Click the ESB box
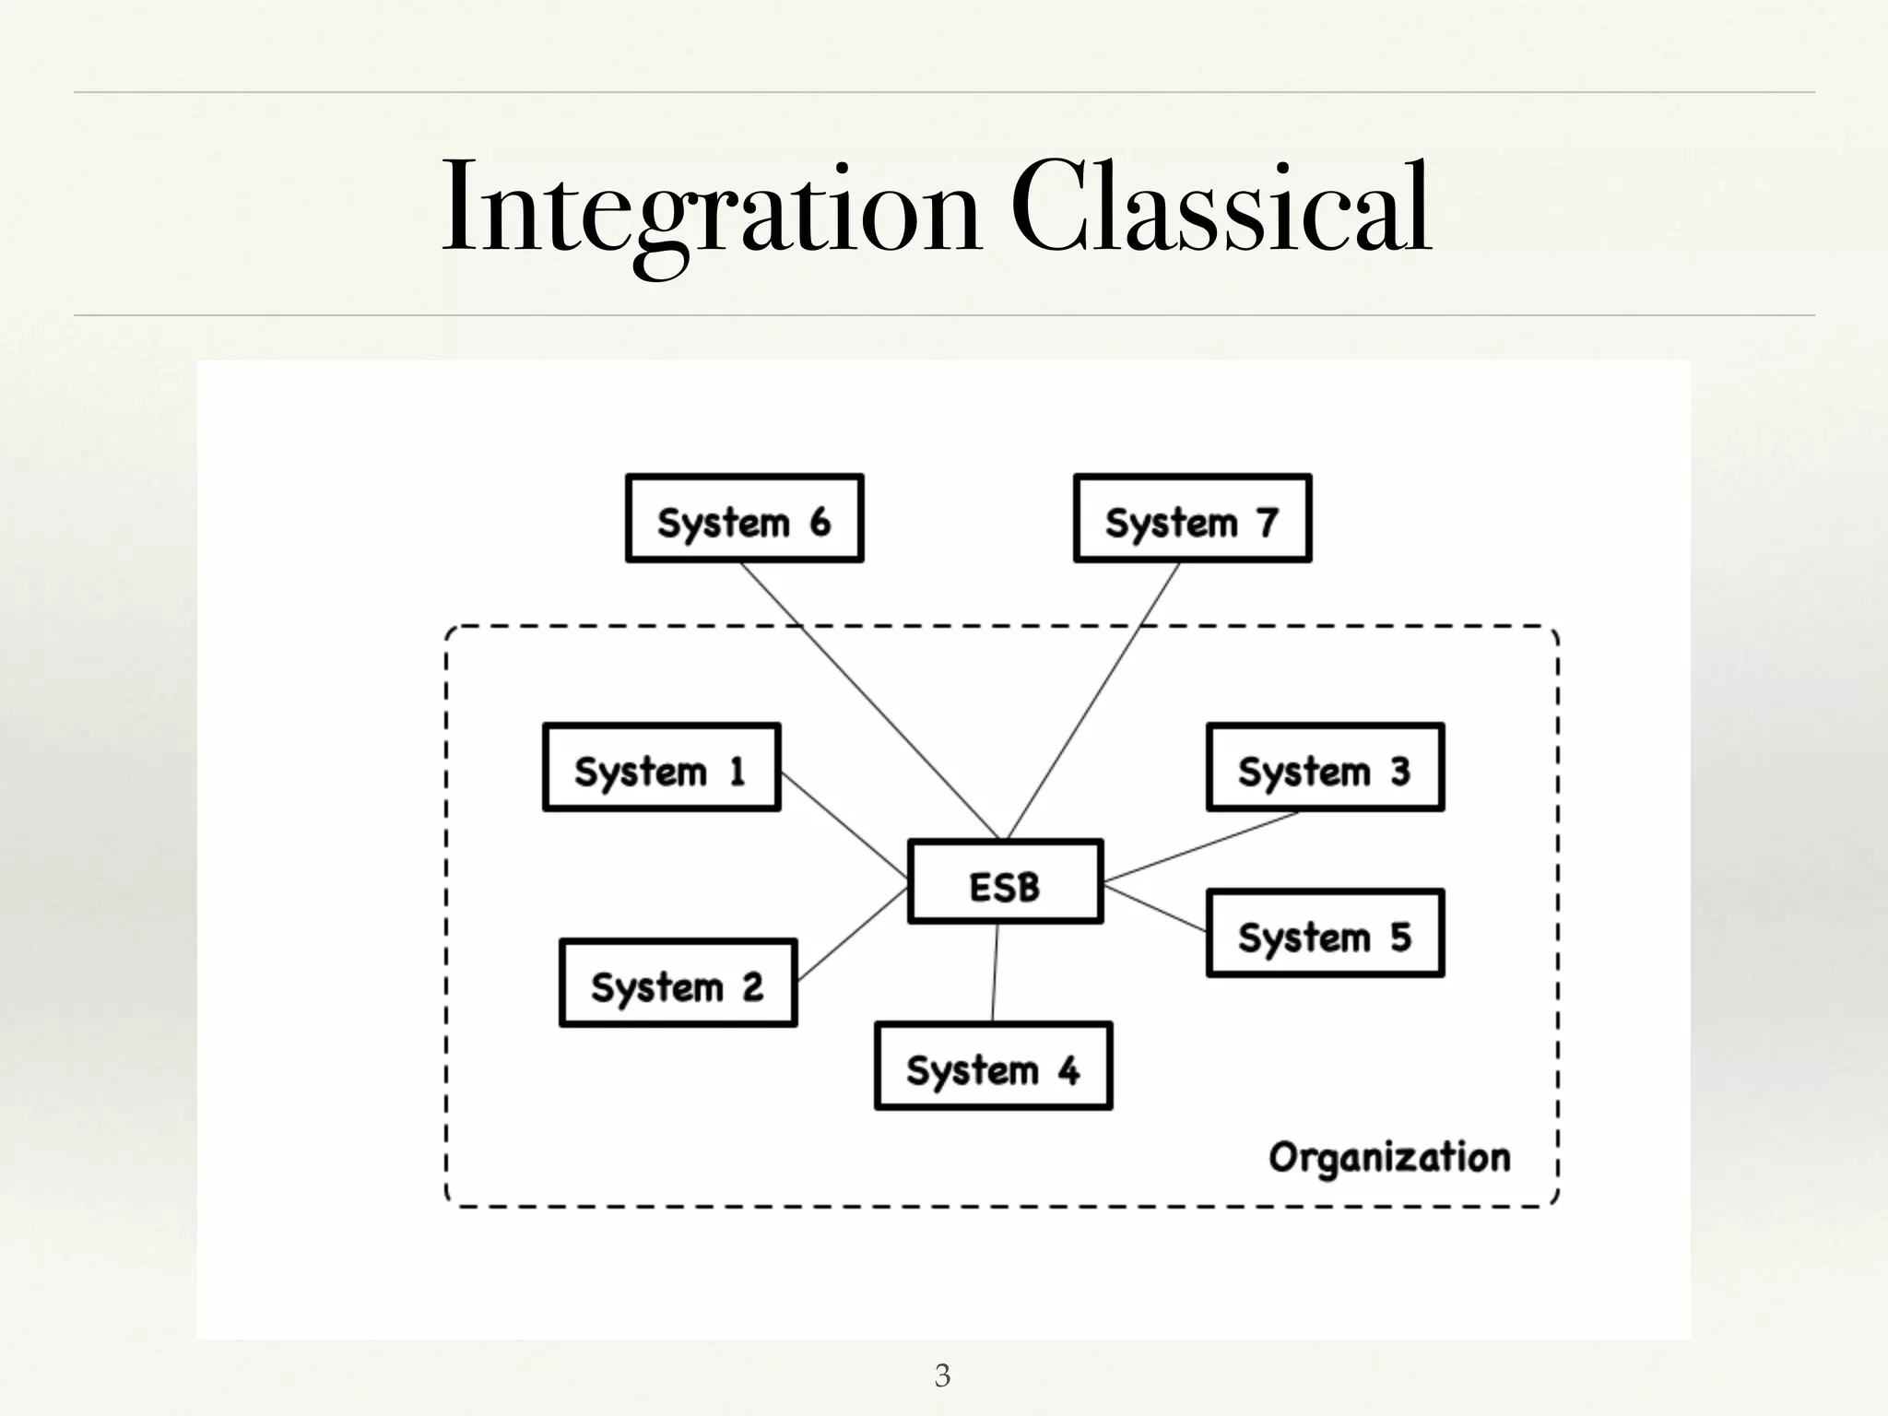click(x=1005, y=881)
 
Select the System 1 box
click(x=662, y=767)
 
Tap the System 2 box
click(x=678, y=983)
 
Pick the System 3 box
click(x=1325, y=767)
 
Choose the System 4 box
click(x=993, y=1066)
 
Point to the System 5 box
click(x=1325, y=933)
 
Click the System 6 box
click(x=744, y=518)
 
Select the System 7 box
click(x=1192, y=518)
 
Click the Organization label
click(x=1389, y=1158)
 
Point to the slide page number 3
click(x=942, y=1375)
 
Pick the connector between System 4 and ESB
click(x=995, y=973)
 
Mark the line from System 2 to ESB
click(x=853, y=934)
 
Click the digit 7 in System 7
click(x=1268, y=523)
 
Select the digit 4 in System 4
click(x=1068, y=1070)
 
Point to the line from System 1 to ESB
click(x=844, y=825)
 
